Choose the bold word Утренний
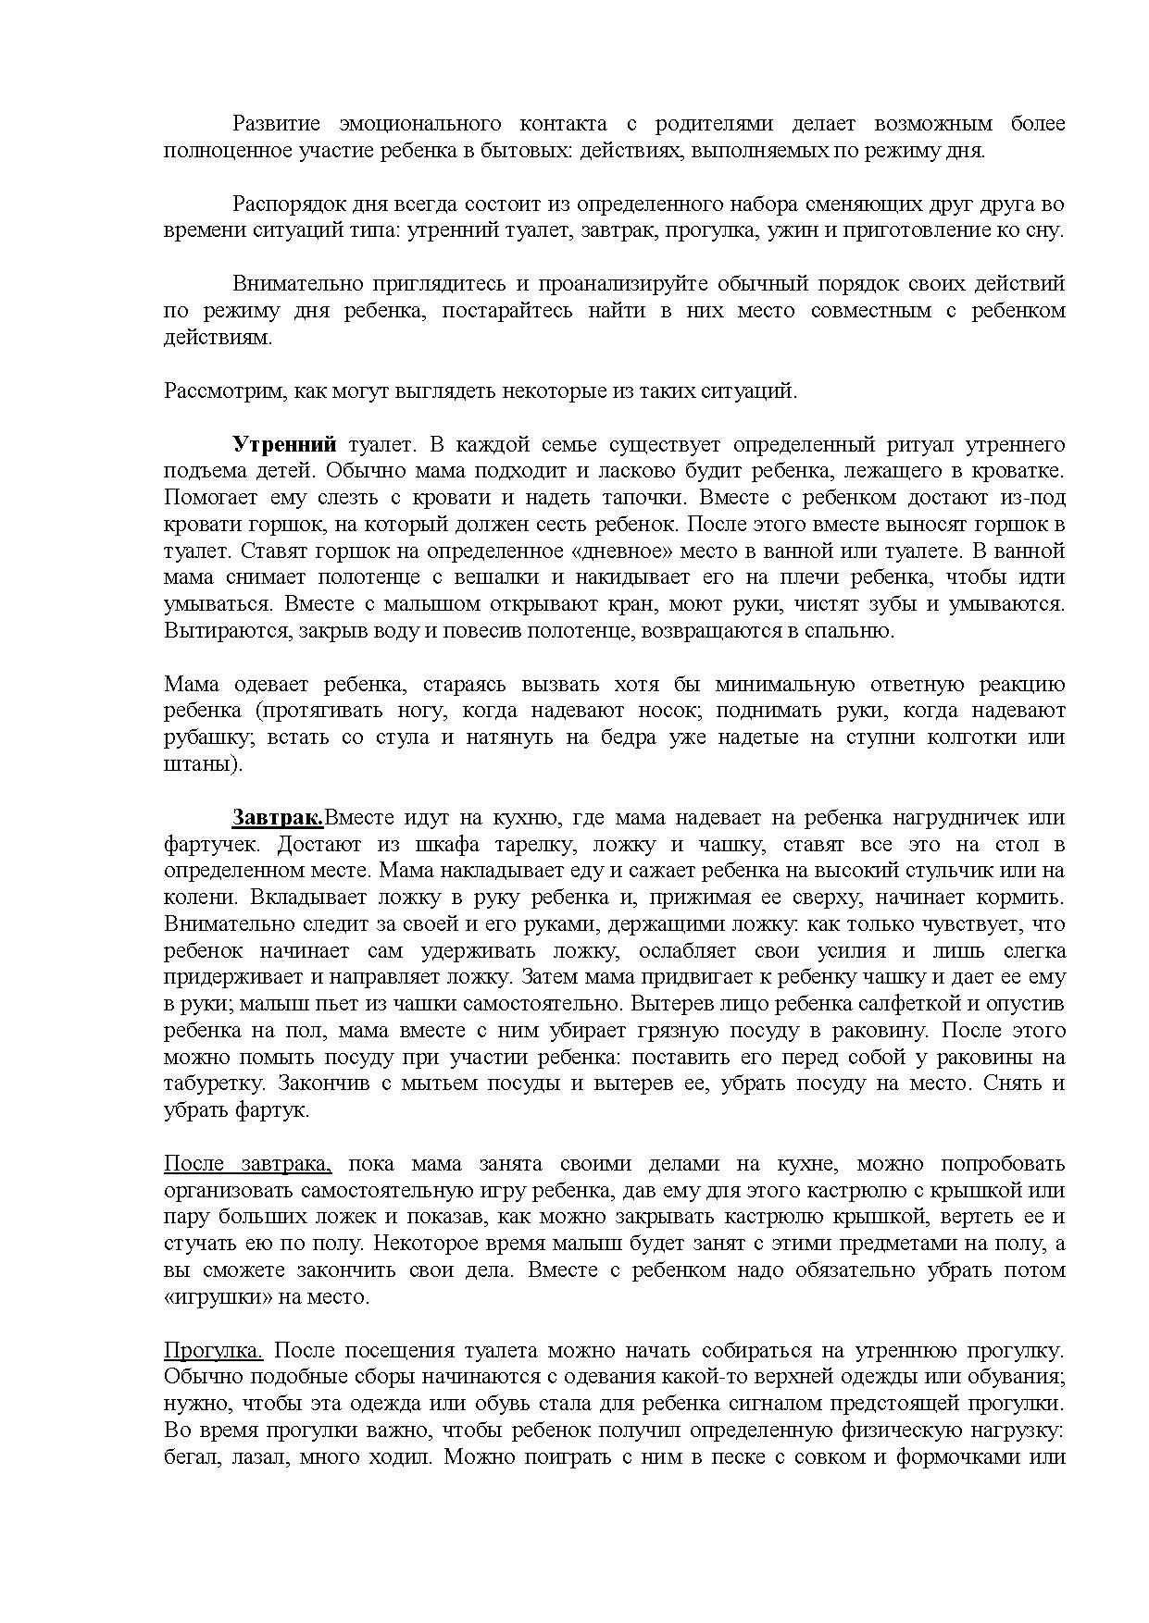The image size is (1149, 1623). tap(283, 445)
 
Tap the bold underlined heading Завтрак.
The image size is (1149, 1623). tap(277, 818)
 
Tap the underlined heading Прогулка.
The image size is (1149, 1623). tap(213, 1351)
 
